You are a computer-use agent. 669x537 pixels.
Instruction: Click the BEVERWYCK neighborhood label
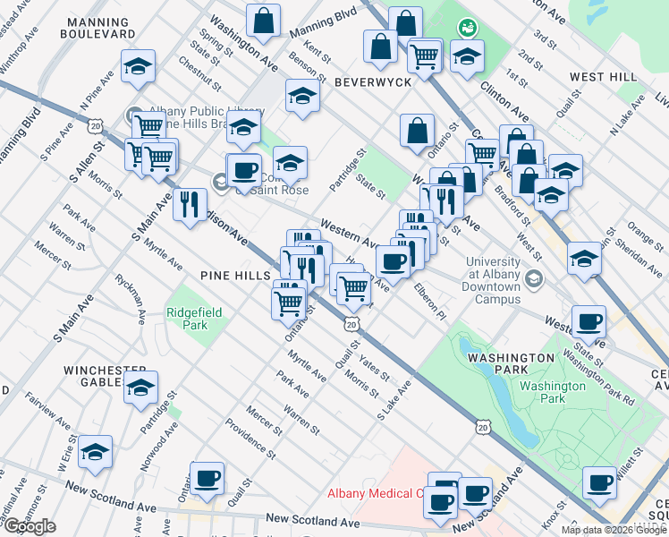pos(372,81)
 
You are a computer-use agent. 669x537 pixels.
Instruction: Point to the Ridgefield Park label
pos(187,318)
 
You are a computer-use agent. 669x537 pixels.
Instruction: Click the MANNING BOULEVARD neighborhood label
pos(97,26)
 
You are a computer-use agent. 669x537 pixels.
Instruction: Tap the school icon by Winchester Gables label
pos(140,388)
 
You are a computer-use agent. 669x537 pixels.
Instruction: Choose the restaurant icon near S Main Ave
pos(190,205)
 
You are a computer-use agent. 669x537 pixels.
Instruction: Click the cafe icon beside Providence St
pos(207,477)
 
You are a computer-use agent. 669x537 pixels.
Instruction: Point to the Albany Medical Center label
pos(376,493)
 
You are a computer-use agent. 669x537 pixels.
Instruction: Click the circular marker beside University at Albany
pos(534,278)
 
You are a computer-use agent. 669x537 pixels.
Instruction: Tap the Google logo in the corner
pos(30,526)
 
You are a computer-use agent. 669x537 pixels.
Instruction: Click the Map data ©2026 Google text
pos(614,530)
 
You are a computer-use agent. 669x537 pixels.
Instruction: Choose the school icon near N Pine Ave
pos(137,66)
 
